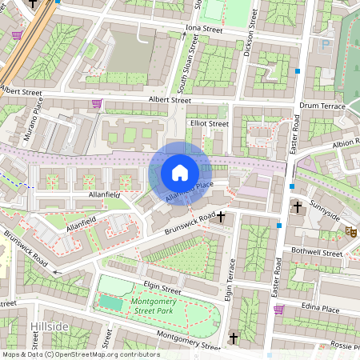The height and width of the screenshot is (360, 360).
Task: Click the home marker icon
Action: click(180, 172)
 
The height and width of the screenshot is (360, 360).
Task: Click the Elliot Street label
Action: click(210, 124)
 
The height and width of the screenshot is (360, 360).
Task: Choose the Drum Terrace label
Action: click(321, 106)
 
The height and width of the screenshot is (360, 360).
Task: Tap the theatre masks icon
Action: click(350, 231)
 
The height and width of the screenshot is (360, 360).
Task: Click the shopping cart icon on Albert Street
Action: click(98, 103)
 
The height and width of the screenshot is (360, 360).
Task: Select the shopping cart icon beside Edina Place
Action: click(278, 310)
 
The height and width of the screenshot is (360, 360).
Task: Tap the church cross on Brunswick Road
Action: click(221, 217)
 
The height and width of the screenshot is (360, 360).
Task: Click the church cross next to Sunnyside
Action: click(297, 207)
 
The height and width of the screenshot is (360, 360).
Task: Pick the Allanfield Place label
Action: click(189, 190)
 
